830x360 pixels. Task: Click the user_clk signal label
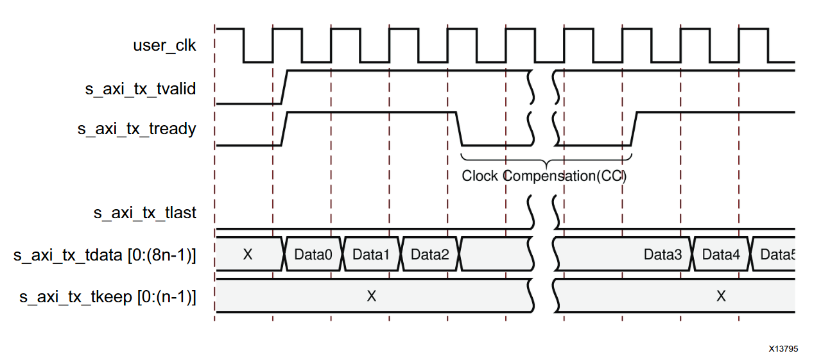(164, 46)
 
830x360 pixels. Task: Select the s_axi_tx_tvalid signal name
(141, 89)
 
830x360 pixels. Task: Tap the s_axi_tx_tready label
(137, 129)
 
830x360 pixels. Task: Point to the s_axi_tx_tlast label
(145, 212)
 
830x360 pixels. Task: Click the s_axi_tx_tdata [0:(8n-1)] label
(105, 255)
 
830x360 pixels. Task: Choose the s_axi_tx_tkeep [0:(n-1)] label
(108, 296)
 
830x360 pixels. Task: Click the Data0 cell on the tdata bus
(313, 255)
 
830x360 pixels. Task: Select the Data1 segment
(372, 255)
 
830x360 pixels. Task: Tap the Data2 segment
(430, 255)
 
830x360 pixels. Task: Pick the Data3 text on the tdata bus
(663, 255)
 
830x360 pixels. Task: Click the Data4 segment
(721, 255)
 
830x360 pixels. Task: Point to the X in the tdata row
(248, 255)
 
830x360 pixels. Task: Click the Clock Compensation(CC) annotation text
(544, 176)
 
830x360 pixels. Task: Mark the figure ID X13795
(783, 349)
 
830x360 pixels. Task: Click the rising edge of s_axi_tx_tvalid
(285, 87)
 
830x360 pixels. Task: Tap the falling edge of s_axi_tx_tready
(460, 129)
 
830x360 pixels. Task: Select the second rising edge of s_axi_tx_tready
(634, 129)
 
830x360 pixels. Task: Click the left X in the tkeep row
(371, 296)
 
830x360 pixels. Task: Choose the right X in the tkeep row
(721, 296)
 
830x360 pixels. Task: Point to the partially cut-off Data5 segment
(777, 255)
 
